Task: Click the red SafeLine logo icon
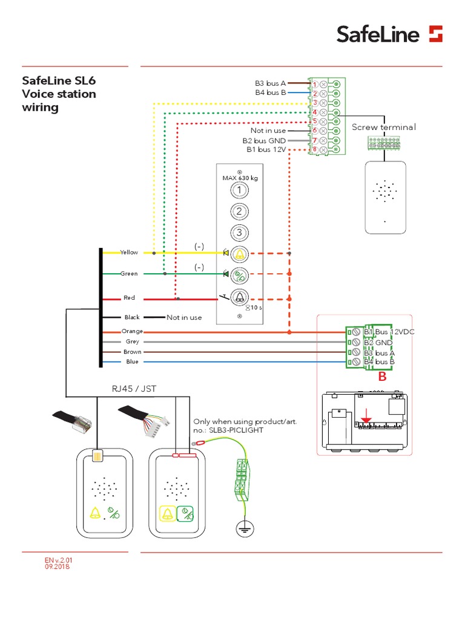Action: click(x=435, y=34)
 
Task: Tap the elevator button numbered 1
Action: click(x=240, y=190)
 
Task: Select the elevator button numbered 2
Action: click(x=240, y=212)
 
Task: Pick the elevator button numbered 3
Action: click(x=240, y=232)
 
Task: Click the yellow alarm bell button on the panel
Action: click(x=240, y=254)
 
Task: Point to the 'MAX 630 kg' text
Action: click(x=240, y=179)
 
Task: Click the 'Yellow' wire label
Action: click(x=129, y=253)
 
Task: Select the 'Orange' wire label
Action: click(x=132, y=331)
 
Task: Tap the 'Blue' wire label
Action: click(x=132, y=361)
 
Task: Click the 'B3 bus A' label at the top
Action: click(x=269, y=83)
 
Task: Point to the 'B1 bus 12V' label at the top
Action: click(x=266, y=149)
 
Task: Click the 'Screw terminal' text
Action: click(x=384, y=127)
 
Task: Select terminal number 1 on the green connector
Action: click(x=315, y=83)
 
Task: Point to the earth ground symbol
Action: click(x=243, y=529)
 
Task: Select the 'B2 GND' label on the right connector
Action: click(x=378, y=342)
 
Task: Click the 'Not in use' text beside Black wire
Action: click(x=184, y=317)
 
